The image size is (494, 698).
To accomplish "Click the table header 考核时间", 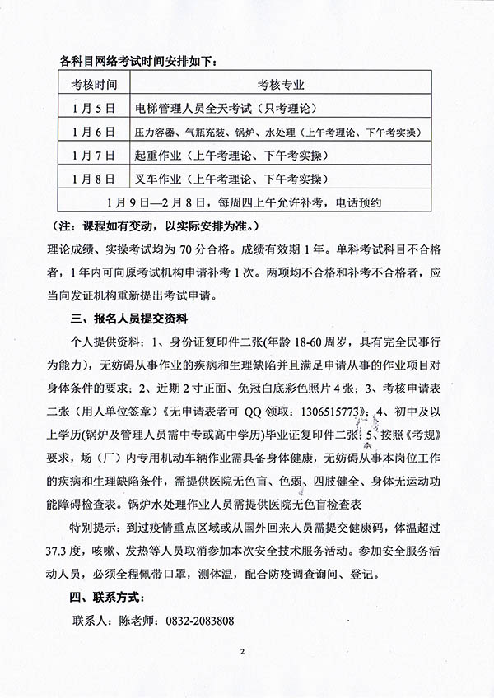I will [95, 84].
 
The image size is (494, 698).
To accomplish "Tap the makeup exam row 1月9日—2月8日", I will [246, 200].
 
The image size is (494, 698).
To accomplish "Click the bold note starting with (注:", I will [155, 224].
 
